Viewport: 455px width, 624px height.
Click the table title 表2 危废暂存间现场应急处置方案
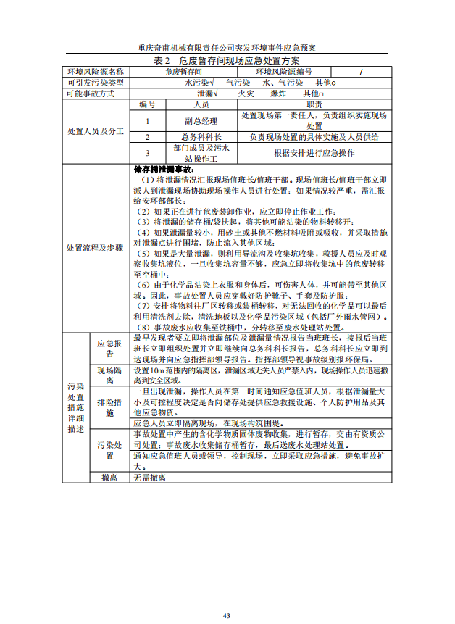(227, 60)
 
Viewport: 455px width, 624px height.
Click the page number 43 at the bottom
(227, 615)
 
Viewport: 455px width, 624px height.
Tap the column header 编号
(148, 104)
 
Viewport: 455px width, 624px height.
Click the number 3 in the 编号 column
(148, 153)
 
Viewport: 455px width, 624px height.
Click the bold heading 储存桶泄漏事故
(164, 169)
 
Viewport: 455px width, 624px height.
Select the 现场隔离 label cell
(109, 375)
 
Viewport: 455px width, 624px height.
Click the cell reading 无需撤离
(150, 478)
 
